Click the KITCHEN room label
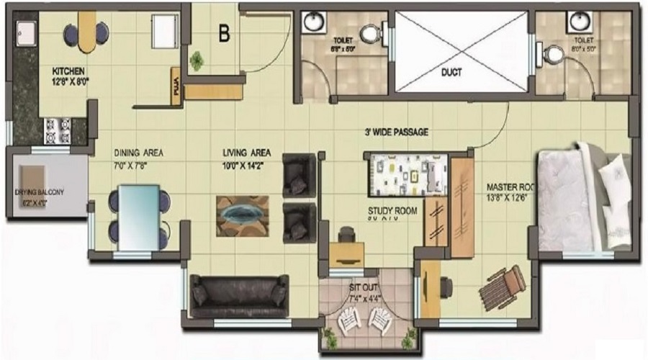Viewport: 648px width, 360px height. point(68,71)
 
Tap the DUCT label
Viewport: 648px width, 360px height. point(451,72)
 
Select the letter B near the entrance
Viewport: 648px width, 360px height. point(225,33)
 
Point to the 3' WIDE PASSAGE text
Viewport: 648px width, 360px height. point(396,132)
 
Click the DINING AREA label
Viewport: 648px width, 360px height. point(138,153)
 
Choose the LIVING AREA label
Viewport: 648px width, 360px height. point(246,153)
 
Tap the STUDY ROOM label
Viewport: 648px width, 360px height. point(392,211)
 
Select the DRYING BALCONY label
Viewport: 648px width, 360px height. point(40,193)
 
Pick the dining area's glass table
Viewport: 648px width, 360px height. point(139,217)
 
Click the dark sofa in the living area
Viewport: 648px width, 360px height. point(239,295)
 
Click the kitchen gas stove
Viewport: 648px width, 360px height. point(58,130)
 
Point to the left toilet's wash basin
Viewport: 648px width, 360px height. point(314,22)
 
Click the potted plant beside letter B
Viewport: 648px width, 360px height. point(196,60)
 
